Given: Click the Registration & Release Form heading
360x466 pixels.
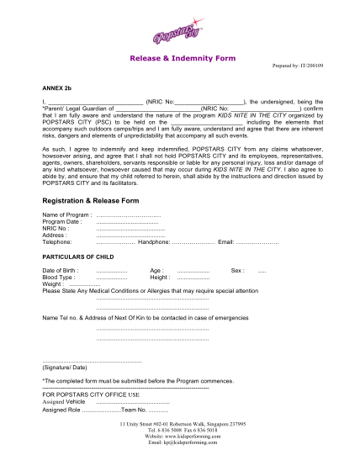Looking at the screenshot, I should coord(86,201).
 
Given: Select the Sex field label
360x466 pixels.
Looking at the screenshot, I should coord(237,270).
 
